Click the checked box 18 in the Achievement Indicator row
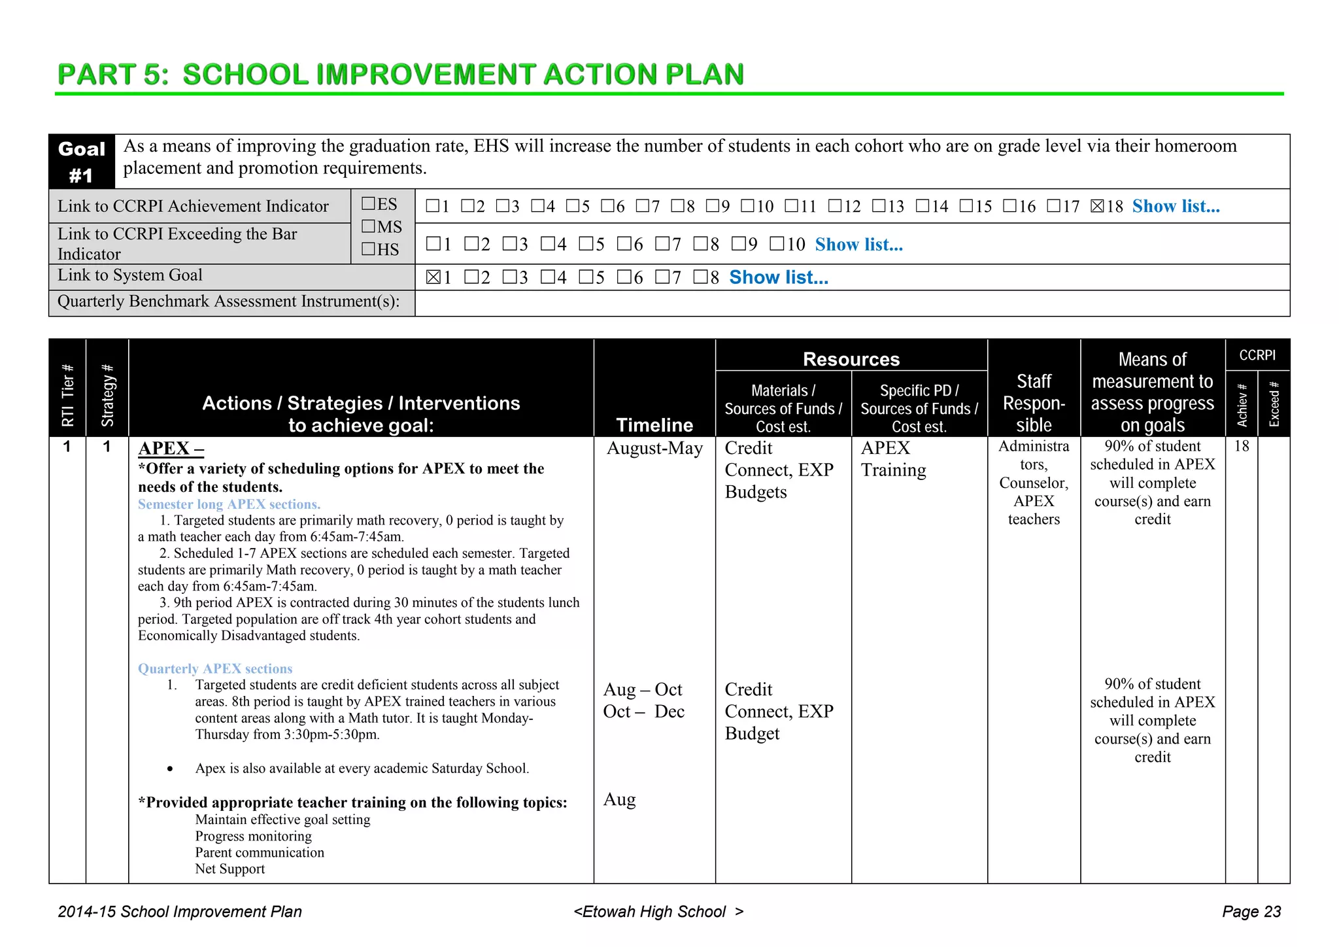1097,207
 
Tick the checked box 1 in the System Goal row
433,277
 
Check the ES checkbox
369,204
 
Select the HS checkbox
369,249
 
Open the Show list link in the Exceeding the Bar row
858,245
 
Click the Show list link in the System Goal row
778,277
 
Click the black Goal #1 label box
82,162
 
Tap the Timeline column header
654,425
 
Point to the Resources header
851,359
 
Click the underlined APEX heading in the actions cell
171,449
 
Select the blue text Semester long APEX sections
229,504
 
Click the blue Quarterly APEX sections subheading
215,668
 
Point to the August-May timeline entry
654,449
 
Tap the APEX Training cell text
893,459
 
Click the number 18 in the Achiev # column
1241,447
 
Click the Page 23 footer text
1251,912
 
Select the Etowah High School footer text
658,912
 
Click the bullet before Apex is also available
170,769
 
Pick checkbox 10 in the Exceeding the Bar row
777,245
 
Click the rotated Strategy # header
107,396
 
